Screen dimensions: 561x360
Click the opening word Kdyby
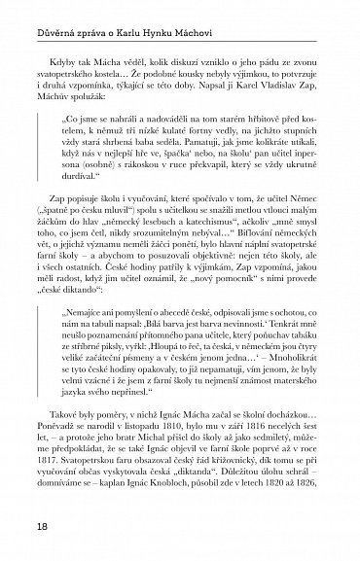point(69,55)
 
